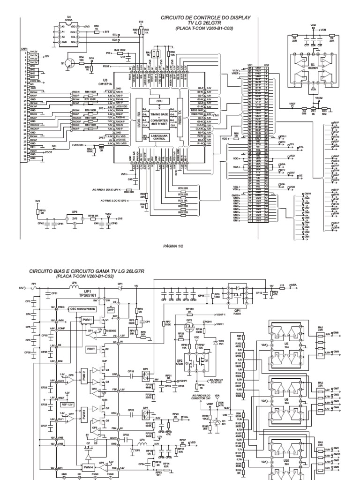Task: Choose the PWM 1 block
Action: tap(87, 320)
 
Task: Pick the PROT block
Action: tap(92, 349)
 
